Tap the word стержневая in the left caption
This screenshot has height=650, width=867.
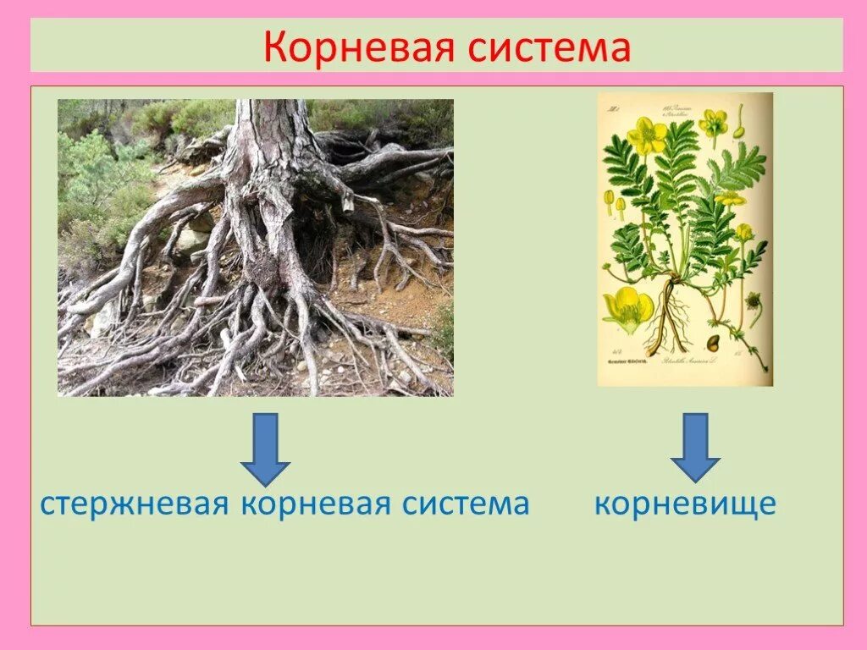(x=135, y=504)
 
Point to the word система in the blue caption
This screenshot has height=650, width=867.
(x=464, y=504)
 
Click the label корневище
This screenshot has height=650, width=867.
(x=685, y=504)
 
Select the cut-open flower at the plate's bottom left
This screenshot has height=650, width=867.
(x=628, y=306)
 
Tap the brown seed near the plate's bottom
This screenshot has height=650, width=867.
(x=713, y=342)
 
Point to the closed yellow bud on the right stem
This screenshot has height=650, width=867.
(x=744, y=231)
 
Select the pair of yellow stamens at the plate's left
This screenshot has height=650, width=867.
(x=614, y=203)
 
